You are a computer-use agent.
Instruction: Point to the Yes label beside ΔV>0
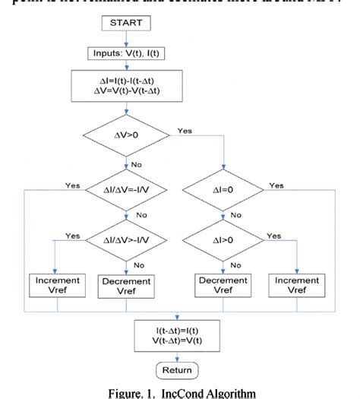coord(185,131)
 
